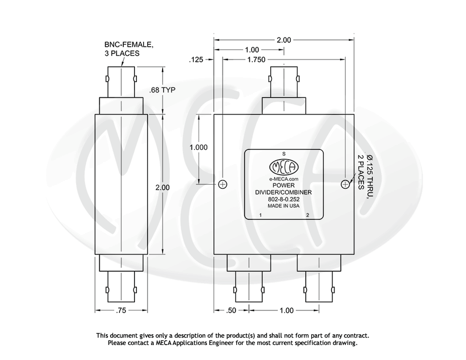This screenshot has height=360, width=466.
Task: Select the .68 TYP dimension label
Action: pyautogui.click(x=163, y=90)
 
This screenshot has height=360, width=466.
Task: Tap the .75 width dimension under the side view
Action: pyautogui.click(x=121, y=310)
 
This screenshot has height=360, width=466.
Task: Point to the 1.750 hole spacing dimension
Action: pyautogui.click(x=256, y=59)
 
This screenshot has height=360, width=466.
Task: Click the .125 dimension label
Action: pyautogui.click(x=196, y=60)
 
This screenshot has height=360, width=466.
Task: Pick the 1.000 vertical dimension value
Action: pyautogui.click(x=199, y=147)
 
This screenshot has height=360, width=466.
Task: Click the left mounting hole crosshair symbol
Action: pyautogui.click(x=223, y=184)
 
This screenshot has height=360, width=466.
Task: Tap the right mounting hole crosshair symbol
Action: pyautogui.click(x=345, y=184)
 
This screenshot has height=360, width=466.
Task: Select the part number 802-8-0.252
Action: pyautogui.click(x=284, y=199)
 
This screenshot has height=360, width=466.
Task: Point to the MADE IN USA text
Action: pyautogui.click(x=284, y=206)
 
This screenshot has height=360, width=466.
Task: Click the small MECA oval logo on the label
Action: pyautogui.click(x=284, y=167)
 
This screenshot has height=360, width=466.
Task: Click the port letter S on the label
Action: pyautogui.click(x=284, y=154)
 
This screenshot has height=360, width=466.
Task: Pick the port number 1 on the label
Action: pyautogui.click(x=261, y=215)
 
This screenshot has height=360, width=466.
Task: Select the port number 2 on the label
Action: pyautogui.click(x=307, y=215)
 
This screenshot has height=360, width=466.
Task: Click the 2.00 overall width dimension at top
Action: pyautogui.click(x=284, y=40)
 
